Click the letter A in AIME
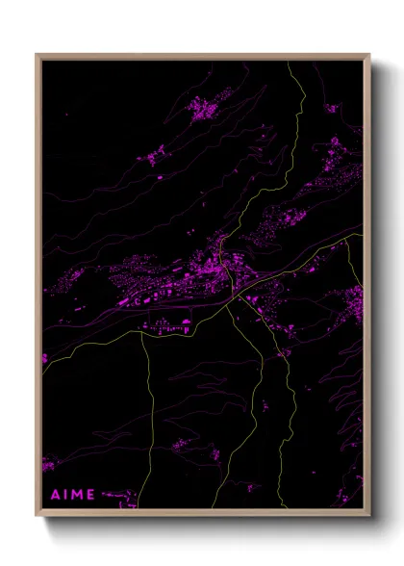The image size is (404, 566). click(x=54, y=495)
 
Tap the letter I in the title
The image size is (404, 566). click(x=65, y=495)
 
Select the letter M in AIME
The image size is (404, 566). click(x=77, y=495)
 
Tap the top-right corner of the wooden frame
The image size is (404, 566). click(x=370, y=55)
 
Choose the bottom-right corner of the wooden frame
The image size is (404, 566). click(x=370, y=517)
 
